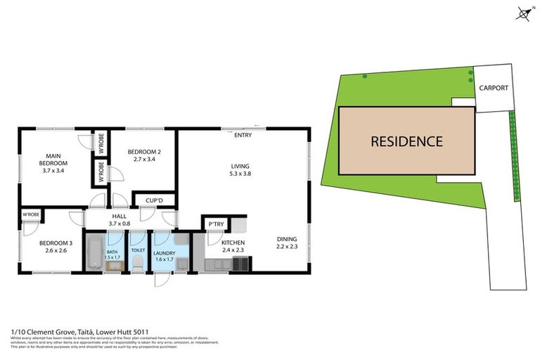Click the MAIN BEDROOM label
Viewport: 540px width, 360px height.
[x=52, y=160]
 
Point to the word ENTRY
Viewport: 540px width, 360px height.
[x=243, y=134]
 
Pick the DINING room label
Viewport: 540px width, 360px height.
[x=286, y=238]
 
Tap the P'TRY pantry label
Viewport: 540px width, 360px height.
[x=215, y=224]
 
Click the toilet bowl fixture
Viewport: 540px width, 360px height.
[x=138, y=264]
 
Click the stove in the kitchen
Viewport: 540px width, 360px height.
[x=240, y=265]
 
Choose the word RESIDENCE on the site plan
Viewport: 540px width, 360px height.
[x=407, y=141]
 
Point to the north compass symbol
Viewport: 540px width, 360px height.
[x=523, y=12]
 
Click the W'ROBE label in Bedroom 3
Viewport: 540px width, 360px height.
[x=30, y=214]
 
